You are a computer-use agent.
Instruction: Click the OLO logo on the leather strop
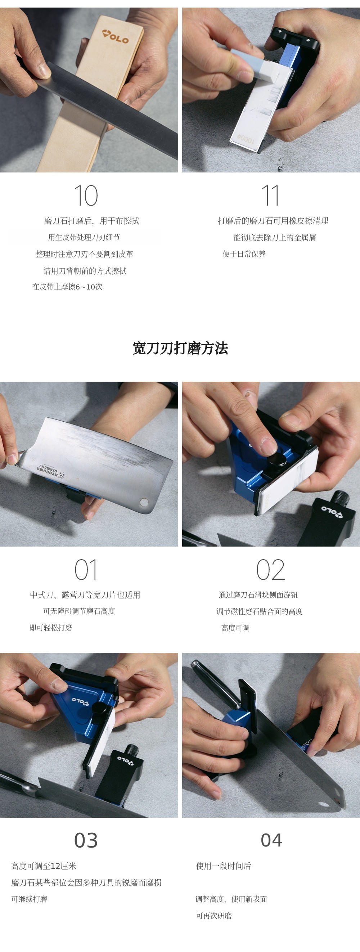[x=116, y=37]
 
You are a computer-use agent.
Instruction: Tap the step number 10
[x=86, y=196]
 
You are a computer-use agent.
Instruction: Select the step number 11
[x=270, y=196]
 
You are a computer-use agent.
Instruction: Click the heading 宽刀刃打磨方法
[x=180, y=348]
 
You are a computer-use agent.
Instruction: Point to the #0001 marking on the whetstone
[x=246, y=139]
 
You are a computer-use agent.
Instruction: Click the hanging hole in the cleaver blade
[x=144, y=502]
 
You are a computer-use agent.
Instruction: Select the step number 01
[x=86, y=570]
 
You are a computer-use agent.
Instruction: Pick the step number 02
[x=271, y=570]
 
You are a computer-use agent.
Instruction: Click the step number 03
[x=86, y=840]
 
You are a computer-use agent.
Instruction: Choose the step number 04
[x=272, y=840]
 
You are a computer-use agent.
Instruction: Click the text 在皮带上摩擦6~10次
[x=67, y=287]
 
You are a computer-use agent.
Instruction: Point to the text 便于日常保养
[x=244, y=254]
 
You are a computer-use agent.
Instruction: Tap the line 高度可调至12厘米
[x=44, y=866]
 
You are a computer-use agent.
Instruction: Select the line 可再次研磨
[x=213, y=915]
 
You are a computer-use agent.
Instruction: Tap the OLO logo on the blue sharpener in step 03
[x=81, y=700]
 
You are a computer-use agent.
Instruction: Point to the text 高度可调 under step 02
[x=235, y=628]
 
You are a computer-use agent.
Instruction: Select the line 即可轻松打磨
[x=51, y=628]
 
